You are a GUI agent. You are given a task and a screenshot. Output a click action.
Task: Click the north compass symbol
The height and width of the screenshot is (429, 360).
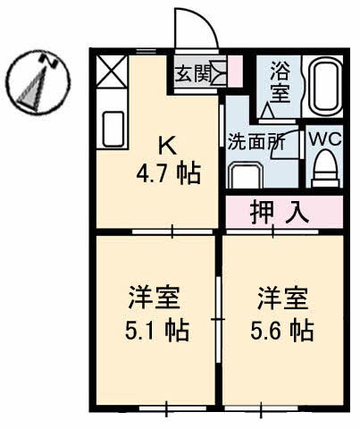point(35,82)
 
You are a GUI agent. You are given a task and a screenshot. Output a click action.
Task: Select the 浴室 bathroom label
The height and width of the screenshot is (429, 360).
point(278,80)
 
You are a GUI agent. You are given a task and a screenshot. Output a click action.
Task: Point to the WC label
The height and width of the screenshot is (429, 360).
point(322,141)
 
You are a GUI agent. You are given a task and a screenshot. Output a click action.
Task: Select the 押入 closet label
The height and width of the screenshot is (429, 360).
point(280,213)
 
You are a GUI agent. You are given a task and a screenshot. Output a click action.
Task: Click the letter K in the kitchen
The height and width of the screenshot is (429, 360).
point(166,142)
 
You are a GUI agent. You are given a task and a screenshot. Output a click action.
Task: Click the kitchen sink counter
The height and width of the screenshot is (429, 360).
point(113,129)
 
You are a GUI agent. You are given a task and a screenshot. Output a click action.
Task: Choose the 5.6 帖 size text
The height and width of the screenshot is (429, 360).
point(283,330)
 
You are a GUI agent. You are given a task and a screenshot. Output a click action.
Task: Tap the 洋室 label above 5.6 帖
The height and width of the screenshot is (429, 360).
point(279,296)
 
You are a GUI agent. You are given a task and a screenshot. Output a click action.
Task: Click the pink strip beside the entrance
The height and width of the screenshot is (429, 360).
point(235,71)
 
